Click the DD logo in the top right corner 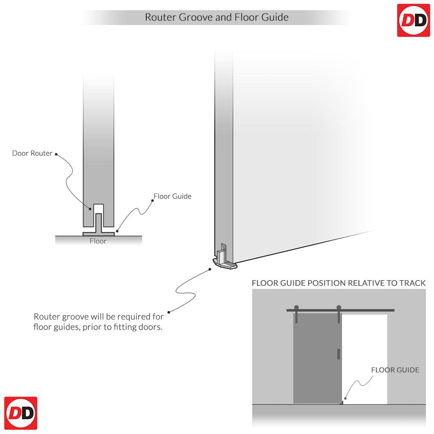coord(413,20)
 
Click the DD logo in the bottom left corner coord(21,413)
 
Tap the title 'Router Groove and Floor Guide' coord(217,17)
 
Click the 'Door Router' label coord(32,153)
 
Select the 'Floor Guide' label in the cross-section coord(172,196)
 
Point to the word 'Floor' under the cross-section coord(98,241)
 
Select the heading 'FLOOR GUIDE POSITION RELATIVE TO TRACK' coord(339,283)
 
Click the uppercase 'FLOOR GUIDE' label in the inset coord(395,370)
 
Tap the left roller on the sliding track coord(296,307)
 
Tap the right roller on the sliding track coord(338,307)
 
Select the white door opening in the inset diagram coord(364,359)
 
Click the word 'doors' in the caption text coord(150,327)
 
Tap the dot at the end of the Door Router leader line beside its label coord(56,154)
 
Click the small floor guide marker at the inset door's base coord(342,403)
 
